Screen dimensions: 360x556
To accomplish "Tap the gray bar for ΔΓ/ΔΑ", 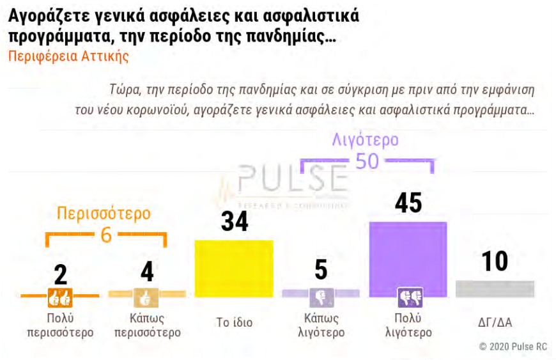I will [495, 288].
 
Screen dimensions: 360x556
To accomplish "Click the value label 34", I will [235, 221].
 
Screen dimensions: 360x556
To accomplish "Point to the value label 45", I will [408, 203].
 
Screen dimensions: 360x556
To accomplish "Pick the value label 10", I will [495, 262].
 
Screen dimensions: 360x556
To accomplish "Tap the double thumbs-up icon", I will [60, 297].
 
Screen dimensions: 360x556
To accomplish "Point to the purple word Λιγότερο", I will [366, 139].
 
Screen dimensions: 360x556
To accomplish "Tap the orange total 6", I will [106, 235].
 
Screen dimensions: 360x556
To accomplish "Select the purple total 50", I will [367, 160].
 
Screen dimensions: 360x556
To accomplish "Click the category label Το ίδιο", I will [235, 322].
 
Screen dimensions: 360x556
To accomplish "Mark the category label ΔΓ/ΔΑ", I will [495, 322].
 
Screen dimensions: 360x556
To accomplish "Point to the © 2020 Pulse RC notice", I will [513, 346].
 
